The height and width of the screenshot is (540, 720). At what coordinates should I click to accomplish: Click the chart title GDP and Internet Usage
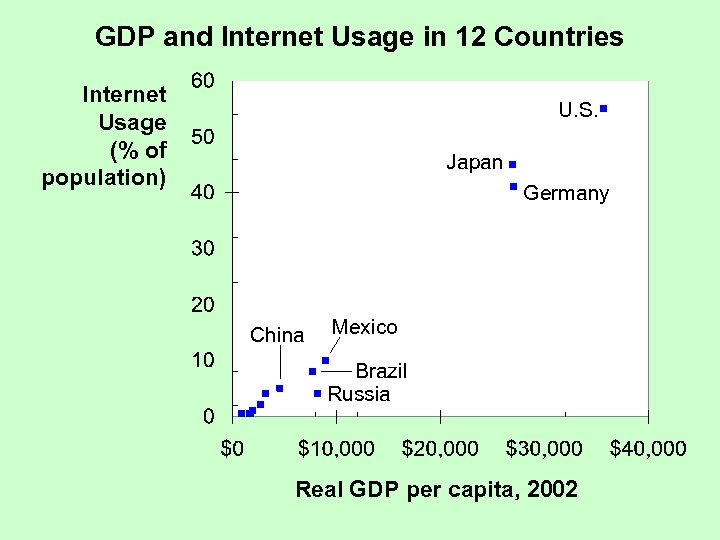click(359, 38)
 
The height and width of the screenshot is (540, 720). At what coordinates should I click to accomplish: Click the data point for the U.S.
click(604, 107)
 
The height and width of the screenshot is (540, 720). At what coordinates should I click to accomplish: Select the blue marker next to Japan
click(512, 163)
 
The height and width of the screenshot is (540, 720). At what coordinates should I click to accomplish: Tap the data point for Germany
click(513, 187)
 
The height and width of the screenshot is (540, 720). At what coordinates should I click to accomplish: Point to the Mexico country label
click(364, 327)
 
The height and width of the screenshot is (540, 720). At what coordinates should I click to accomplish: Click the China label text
click(277, 335)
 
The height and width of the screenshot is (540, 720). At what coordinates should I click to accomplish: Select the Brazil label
click(381, 371)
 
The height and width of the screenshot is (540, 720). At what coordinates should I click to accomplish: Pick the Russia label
click(359, 394)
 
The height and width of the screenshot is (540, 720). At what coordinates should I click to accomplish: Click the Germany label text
click(566, 194)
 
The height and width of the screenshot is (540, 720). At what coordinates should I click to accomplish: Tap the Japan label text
click(474, 162)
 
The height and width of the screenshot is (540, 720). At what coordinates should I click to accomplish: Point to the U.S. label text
click(577, 111)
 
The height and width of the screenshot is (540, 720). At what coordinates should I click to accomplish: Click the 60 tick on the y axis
click(202, 81)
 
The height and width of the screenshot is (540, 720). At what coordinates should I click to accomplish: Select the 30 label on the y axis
click(202, 248)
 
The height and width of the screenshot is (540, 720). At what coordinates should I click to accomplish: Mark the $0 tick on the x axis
click(231, 449)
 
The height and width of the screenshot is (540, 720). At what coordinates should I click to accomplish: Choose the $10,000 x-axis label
click(336, 449)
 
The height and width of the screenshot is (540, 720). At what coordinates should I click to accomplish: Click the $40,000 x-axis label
click(648, 449)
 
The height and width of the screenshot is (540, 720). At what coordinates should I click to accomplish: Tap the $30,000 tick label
click(544, 449)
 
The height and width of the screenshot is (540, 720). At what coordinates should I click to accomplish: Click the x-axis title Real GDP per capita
click(436, 490)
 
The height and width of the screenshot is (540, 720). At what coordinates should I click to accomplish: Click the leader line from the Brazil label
click(338, 371)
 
